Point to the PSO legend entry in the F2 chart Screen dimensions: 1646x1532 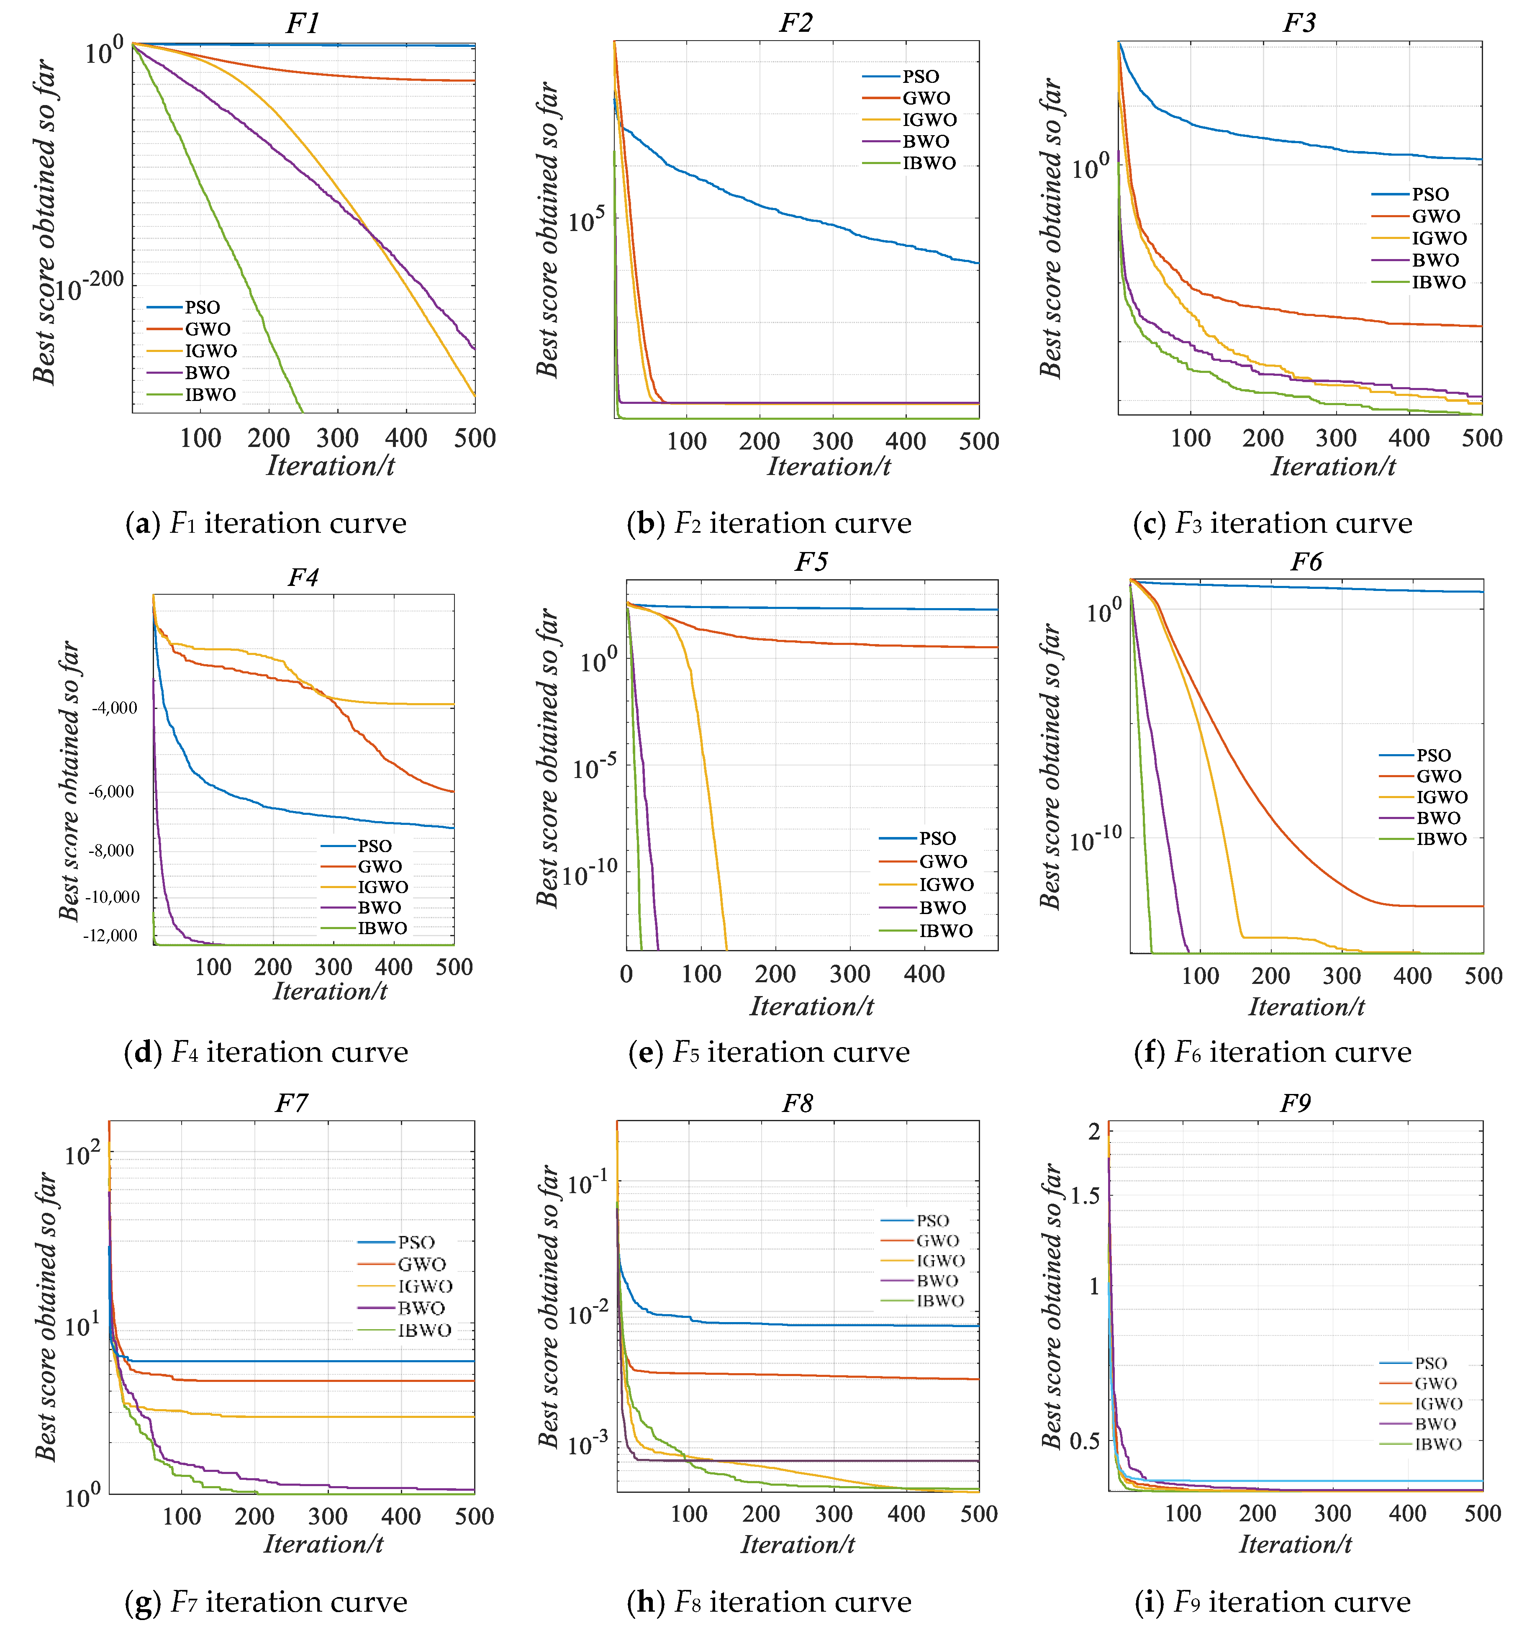(920, 76)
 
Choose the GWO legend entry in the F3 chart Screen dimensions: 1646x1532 (1435, 216)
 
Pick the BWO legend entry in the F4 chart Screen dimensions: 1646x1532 (379, 907)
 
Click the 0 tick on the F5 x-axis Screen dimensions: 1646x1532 (626, 975)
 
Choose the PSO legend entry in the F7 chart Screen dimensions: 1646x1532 (416, 1242)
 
